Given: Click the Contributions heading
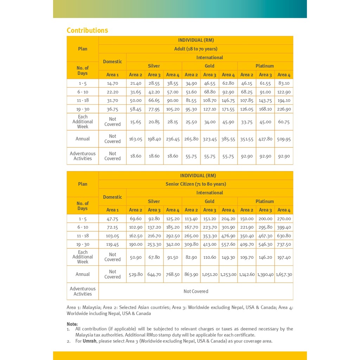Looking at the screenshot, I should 87,30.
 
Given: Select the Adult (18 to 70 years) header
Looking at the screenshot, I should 196,49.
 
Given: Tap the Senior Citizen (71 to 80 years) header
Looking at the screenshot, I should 196,184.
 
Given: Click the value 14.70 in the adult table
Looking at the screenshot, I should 112,83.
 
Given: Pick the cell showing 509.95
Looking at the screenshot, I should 284,139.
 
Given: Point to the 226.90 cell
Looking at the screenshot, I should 284,109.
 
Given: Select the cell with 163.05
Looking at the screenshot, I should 136,139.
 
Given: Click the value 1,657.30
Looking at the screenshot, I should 284,274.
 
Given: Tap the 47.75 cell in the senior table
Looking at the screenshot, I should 112,219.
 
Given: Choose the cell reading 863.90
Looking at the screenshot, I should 191,274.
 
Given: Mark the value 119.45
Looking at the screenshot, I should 112,244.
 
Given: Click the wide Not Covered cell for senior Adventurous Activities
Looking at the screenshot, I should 196,291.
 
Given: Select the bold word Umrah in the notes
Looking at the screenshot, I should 89,341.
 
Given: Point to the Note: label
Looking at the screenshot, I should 72,324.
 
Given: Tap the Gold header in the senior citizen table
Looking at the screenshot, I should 210,201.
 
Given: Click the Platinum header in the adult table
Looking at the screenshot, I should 265,66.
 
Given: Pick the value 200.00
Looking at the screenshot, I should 265,219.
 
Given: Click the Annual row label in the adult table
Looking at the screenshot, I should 83,139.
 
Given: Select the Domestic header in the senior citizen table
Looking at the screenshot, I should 112,197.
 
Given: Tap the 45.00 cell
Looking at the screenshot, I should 265,122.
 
